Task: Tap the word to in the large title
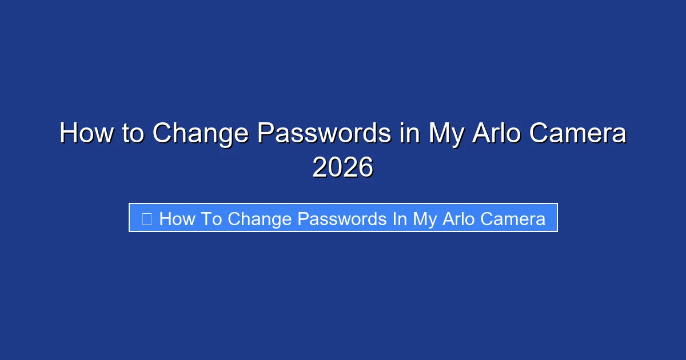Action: click(x=133, y=134)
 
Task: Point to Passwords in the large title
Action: click(x=320, y=134)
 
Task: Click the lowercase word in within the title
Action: click(x=402, y=134)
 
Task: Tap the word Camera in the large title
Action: click(x=578, y=134)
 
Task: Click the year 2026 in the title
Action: click(x=342, y=167)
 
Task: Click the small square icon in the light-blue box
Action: click(x=146, y=218)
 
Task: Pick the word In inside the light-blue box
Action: click(x=399, y=219)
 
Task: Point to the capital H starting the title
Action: click(x=68, y=134)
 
